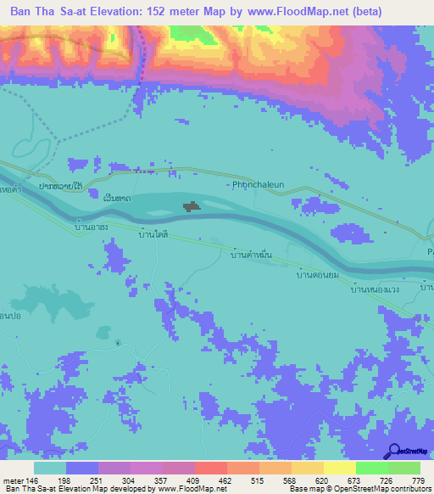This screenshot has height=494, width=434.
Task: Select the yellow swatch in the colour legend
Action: (340, 468)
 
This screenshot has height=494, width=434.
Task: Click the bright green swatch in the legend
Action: (372, 468)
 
